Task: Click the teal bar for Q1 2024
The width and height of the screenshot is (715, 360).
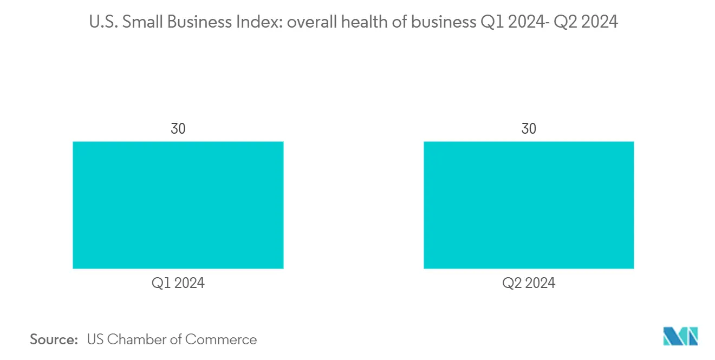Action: (178, 205)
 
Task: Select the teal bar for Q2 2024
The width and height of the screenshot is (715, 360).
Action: (528, 205)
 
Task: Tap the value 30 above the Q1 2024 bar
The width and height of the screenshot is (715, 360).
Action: (178, 129)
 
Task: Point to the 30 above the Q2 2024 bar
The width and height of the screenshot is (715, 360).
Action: (528, 129)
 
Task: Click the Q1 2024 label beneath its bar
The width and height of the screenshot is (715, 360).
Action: (178, 283)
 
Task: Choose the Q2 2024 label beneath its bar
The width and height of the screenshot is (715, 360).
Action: (528, 283)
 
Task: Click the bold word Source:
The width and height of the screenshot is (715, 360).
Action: (54, 339)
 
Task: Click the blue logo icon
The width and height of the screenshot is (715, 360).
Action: (680, 336)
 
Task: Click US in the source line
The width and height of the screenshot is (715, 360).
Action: (95, 339)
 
